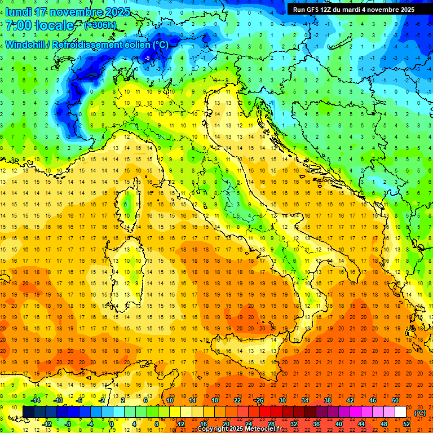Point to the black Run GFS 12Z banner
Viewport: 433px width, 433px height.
pos(354,9)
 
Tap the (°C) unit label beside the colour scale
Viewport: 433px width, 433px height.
pos(420,413)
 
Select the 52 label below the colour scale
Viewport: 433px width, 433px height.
pos(407,424)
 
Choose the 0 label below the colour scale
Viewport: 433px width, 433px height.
pos(112,424)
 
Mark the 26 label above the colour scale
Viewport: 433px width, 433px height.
pos(259,400)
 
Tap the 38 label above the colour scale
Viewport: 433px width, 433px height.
pos(328,400)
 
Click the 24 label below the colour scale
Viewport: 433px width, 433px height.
pos(249,424)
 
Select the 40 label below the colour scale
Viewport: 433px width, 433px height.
pos(339,424)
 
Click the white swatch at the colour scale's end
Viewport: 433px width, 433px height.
pos(400,412)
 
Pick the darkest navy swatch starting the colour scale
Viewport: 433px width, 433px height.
pos(28,412)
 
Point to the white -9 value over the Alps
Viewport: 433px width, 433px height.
pos(147,58)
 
